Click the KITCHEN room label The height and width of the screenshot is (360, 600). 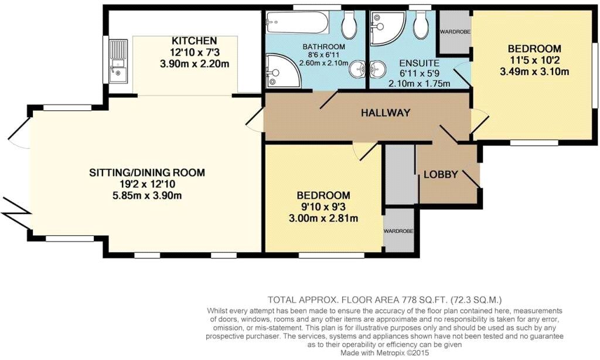[x=194, y=41]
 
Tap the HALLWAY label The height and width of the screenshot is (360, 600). [x=384, y=113]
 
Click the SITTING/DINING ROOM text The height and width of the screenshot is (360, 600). [x=147, y=172]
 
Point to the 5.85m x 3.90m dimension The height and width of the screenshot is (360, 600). [x=147, y=195]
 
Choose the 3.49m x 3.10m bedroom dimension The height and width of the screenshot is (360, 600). [x=534, y=72]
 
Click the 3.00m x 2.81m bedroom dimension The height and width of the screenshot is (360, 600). [x=323, y=218]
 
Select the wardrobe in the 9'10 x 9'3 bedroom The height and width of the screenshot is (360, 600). [x=398, y=230]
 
